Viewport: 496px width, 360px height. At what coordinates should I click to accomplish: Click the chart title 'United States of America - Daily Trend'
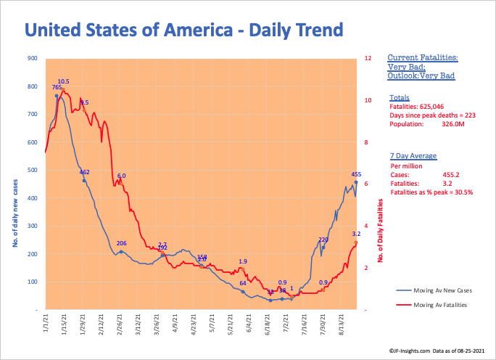[183, 30]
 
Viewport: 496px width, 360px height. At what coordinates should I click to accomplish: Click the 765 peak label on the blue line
[57, 87]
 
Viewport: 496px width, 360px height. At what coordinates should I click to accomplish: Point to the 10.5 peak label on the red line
[64, 81]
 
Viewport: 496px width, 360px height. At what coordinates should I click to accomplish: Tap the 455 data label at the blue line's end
[356, 174]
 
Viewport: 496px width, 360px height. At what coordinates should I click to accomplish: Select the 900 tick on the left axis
[32, 58]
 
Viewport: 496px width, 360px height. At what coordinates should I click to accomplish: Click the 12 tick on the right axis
[368, 58]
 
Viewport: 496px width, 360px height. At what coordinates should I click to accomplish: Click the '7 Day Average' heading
[411, 156]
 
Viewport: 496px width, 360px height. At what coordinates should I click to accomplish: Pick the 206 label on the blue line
[122, 243]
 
